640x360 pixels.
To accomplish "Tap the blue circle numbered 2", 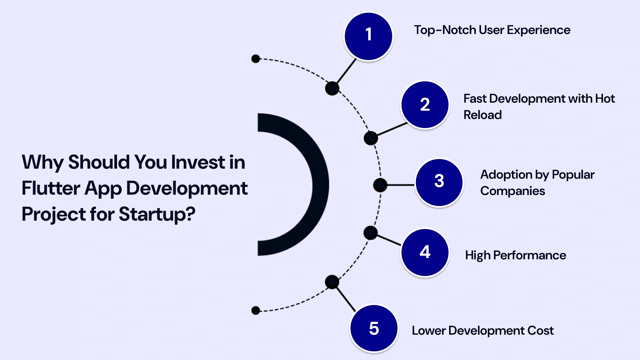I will coord(425,105).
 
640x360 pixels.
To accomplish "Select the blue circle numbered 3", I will coord(439,182).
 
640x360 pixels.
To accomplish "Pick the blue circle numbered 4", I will coord(425,252).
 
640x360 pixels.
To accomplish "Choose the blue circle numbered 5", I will coord(374,328).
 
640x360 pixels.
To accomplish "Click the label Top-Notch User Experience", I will coord(492,30).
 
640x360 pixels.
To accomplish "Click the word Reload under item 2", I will coord(482,115).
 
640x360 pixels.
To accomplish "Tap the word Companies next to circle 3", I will coord(512,191).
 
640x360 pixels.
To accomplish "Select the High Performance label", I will coord(515,255).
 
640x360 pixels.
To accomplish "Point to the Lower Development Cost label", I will coord(482,331).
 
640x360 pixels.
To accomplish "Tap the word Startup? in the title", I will coord(157,214).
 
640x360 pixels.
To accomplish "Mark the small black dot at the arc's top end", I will coord(256,59).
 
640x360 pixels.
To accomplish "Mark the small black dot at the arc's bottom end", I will coord(256,311).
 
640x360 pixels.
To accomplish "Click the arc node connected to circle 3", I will coord(380,185).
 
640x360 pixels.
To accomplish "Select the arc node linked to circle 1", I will coord(332,88).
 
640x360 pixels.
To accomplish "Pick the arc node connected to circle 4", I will coord(370,233).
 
